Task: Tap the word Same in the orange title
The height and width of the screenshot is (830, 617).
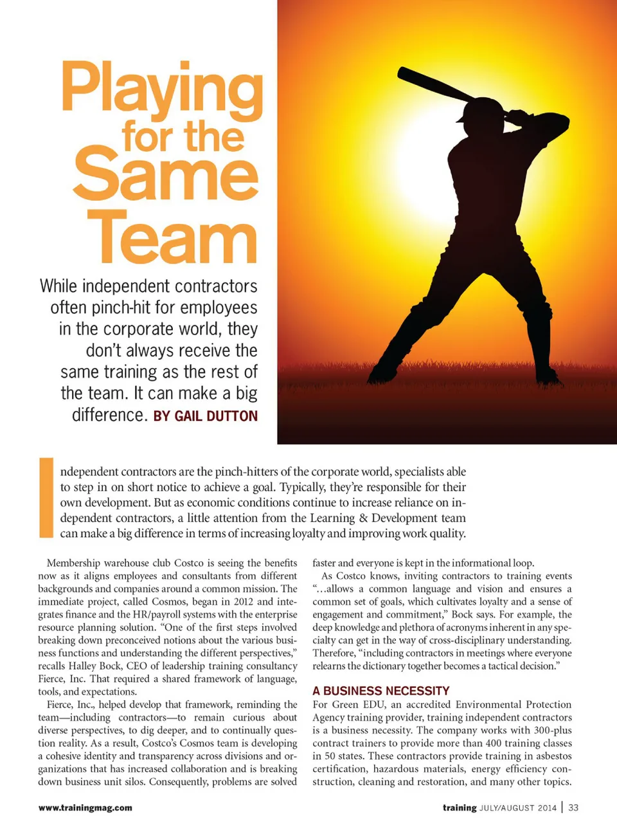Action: [166, 174]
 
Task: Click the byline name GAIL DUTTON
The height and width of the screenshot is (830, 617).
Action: [216, 416]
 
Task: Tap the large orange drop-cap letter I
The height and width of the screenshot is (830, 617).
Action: [46, 497]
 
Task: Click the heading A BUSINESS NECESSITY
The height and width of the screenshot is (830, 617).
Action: [381, 690]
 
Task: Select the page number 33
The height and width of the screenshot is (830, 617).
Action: [573, 807]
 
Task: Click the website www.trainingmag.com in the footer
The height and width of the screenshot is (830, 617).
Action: [85, 807]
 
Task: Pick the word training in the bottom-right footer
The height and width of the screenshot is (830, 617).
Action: [460, 807]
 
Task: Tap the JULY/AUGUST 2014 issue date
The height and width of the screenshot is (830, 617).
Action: [518, 808]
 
